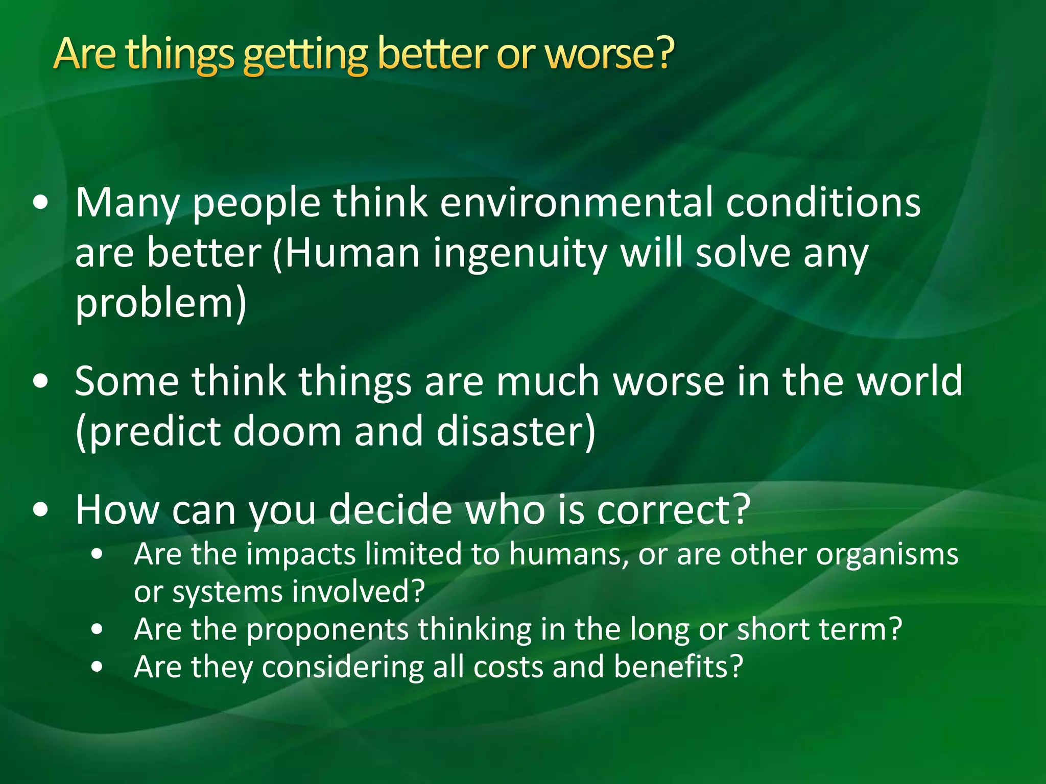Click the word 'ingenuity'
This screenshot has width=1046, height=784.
[x=519, y=254]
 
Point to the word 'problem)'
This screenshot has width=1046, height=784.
[x=161, y=304]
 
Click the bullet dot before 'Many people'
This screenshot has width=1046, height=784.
[x=40, y=203]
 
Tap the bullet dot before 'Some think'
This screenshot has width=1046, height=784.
[x=40, y=381]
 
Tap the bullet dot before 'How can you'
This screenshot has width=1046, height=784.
[x=40, y=509]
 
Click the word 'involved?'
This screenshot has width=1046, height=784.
[x=362, y=592]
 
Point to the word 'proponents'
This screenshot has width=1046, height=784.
[x=327, y=629]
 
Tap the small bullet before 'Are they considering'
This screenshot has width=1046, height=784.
[x=97, y=667]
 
